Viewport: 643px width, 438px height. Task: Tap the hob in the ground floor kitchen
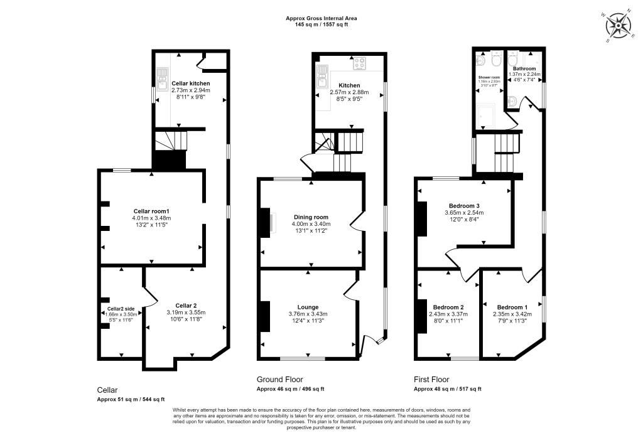pos(361,63)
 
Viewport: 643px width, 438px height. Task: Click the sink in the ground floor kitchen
pos(323,75)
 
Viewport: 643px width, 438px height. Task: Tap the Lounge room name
pos(307,307)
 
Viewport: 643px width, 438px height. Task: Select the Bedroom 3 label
pos(464,205)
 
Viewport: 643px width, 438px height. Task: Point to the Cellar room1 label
pos(151,211)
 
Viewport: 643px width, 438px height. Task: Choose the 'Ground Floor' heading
pos(279,380)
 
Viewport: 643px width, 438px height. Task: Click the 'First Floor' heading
pos(433,380)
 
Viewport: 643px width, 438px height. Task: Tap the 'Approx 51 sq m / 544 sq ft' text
pos(131,400)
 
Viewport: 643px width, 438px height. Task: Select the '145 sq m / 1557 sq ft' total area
pos(321,25)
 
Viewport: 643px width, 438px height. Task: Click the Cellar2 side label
pos(121,309)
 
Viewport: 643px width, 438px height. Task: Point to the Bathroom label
pos(524,68)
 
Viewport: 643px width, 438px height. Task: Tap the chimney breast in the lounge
pos(266,316)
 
